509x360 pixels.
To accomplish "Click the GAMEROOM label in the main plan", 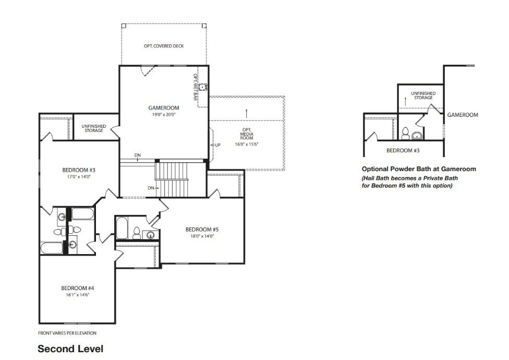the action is click(x=164, y=108).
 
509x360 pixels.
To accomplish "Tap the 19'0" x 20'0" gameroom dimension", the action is click(x=164, y=115).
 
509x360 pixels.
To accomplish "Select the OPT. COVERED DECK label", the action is click(x=164, y=46).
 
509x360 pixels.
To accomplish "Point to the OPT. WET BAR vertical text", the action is click(x=196, y=87).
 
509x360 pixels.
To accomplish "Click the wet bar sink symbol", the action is click(x=203, y=87).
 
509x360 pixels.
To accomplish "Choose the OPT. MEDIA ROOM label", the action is click(x=247, y=134).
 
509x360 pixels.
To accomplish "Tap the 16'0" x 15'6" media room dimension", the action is click(x=247, y=144).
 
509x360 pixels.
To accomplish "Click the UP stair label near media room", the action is click(x=218, y=145).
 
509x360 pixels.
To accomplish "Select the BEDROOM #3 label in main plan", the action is click(x=79, y=170).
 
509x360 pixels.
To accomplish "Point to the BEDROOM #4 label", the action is click(x=78, y=288).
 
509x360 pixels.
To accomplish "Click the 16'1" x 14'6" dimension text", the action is click(x=78, y=295).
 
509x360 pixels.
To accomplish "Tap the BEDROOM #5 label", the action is click(x=202, y=230).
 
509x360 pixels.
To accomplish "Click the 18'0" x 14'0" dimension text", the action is click(x=202, y=236).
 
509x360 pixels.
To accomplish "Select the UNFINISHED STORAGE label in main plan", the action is click(x=94, y=128).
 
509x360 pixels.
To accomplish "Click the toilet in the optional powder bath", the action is click(x=405, y=134).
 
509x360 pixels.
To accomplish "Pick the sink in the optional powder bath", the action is click(x=417, y=136).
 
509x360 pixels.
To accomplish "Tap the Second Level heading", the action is click(x=70, y=349).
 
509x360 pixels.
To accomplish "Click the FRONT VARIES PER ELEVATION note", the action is click(x=67, y=333).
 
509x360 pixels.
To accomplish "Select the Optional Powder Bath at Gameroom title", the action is click(x=419, y=169).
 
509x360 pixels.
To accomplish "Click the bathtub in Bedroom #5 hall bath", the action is click(x=122, y=228).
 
